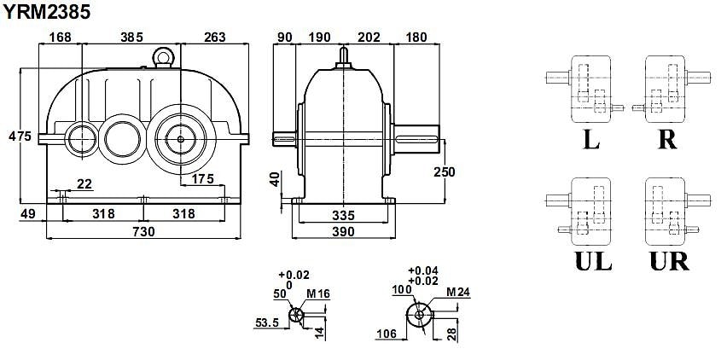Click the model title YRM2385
[46, 13]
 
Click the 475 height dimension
[20, 136]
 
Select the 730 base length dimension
[143, 230]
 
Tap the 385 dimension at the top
[131, 37]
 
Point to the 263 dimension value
[214, 37]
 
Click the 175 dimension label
[202, 179]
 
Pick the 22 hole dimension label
[84, 184]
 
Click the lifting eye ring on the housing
[163, 56]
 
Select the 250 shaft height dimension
[445, 171]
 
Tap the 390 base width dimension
[343, 231]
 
